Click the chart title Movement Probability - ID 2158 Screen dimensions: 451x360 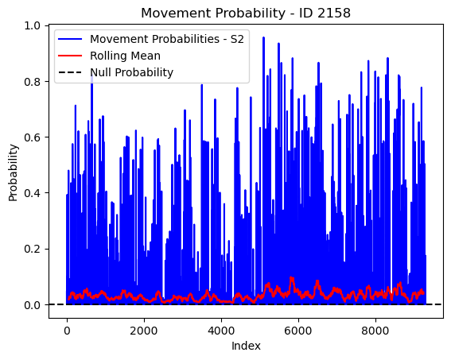(246, 14)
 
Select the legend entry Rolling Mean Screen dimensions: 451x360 (125, 56)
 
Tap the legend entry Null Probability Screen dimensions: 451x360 (132, 72)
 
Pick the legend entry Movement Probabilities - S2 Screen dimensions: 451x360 (167, 39)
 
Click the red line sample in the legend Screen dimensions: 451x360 (70, 56)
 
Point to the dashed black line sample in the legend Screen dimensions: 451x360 (70, 72)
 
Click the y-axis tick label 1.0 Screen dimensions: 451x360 (32, 26)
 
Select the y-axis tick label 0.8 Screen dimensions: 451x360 (32, 82)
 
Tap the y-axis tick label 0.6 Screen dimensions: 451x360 (32, 137)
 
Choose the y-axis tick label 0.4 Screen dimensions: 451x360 (32, 193)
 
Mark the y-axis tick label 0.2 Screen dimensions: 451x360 (32, 249)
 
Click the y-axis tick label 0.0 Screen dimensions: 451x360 (32, 304)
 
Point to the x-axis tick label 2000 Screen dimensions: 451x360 (144, 331)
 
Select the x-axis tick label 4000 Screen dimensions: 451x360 (221, 331)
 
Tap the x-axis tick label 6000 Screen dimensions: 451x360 (298, 331)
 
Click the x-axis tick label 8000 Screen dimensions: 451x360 (375, 331)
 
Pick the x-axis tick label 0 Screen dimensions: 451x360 (67, 331)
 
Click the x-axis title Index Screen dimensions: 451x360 (246, 346)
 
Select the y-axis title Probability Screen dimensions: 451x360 (14, 172)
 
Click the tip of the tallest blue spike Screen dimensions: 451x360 (263, 37)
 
